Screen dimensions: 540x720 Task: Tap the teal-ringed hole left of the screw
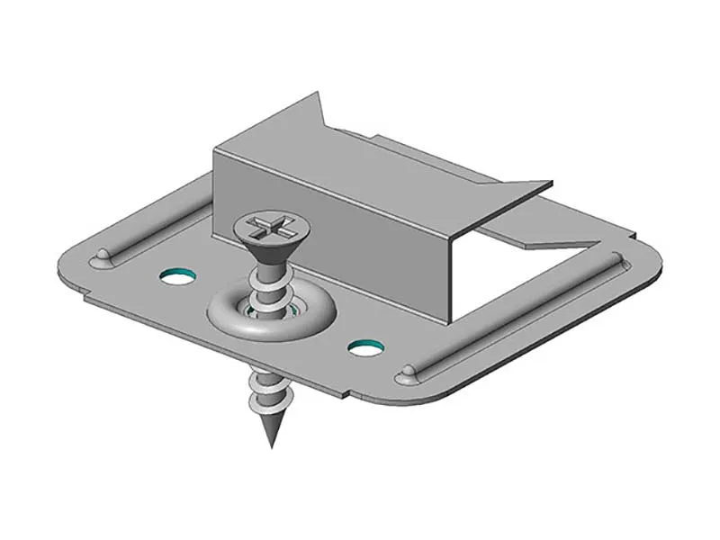[x=178, y=274]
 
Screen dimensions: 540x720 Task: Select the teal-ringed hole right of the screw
[x=364, y=346]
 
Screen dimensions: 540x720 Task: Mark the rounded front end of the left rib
[x=102, y=259]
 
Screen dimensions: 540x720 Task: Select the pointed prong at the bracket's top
[x=315, y=101]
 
